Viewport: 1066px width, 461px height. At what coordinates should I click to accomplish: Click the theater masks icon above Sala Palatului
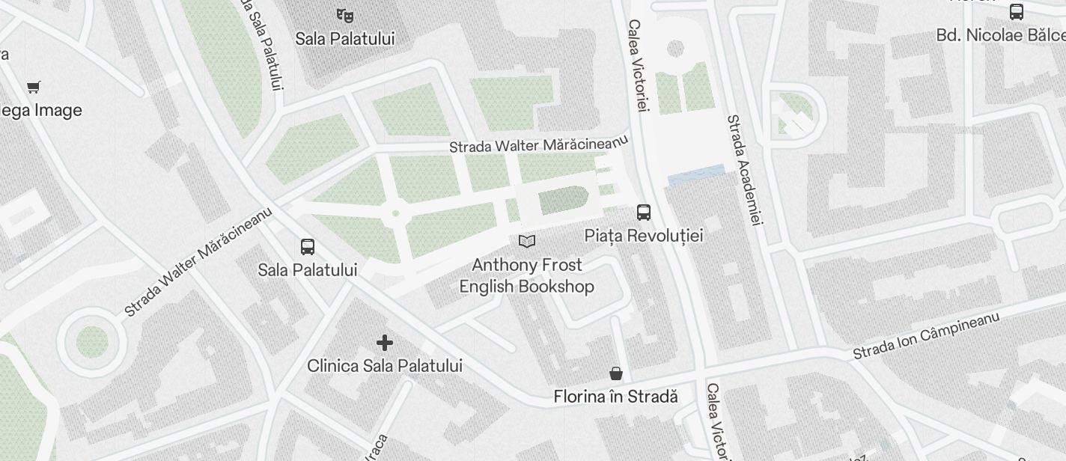[x=344, y=14]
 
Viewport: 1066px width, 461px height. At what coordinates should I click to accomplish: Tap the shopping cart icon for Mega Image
[x=33, y=88]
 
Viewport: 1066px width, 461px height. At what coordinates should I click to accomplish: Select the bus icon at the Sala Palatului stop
[x=307, y=247]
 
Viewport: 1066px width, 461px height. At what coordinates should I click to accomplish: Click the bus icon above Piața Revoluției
[x=644, y=213]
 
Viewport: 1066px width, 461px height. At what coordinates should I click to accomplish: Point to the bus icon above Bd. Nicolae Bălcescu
[x=1016, y=12]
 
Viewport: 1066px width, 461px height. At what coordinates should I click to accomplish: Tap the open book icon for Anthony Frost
[x=527, y=241]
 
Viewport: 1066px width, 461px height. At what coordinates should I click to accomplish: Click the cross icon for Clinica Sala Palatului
[x=385, y=343]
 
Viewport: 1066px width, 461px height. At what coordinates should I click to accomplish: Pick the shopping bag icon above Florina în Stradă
[x=615, y=373]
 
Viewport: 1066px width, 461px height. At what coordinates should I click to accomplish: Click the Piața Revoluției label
[x=644, y=236]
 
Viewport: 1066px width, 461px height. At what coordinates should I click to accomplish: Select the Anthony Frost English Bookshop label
[x=527, y=275]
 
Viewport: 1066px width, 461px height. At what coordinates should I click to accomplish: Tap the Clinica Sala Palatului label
[x=385, y=366]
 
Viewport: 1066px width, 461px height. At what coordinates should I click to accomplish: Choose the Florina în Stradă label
[x=615, y=397]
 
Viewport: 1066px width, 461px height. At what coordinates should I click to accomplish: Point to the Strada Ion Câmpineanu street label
[x=926, y=336]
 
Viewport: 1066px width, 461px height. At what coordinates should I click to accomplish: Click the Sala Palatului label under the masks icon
[x=344, y=38]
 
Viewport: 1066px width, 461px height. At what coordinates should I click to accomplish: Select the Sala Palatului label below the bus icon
[x=307, y=270]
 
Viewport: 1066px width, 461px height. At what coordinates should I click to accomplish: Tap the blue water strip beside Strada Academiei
[x=696, y=175]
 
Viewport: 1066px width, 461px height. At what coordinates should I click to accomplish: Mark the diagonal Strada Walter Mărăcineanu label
[x=199, y=260]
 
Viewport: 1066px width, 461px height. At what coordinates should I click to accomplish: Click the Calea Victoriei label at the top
[x=636, y=66]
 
